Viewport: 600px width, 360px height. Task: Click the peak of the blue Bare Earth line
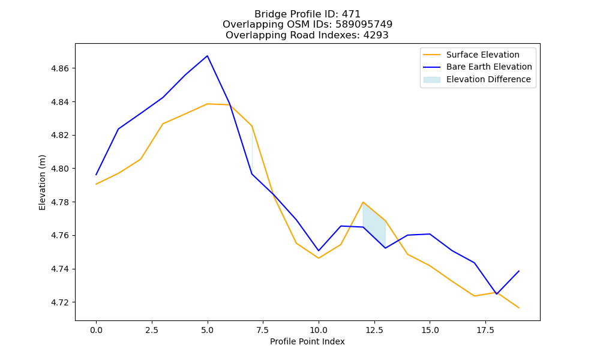point(208,56)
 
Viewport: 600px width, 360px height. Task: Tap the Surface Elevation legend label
point(482,55)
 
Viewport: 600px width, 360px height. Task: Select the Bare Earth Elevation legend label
point(489,67)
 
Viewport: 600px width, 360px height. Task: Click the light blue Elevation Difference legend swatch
point(431,80)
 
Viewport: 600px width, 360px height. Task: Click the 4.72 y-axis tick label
point(59,302)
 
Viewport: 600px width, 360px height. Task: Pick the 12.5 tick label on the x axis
point(374,330)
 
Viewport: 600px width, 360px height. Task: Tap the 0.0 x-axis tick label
point(96,330)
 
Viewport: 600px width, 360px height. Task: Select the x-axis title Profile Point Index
point(307,341)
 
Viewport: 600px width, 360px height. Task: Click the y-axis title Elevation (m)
point(42,182)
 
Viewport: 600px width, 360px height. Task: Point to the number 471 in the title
point(352,14)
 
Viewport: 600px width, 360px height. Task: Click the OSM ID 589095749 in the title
point(364,25)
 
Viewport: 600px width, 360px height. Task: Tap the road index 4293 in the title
point(376,35)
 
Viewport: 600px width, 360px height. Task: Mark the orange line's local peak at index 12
point(363,202)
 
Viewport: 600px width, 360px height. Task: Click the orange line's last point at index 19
point(519,308)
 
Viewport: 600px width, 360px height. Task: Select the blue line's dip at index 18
point(497,294)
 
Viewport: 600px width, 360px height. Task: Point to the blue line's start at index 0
point(96,175)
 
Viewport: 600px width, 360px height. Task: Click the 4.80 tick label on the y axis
point(59,169)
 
